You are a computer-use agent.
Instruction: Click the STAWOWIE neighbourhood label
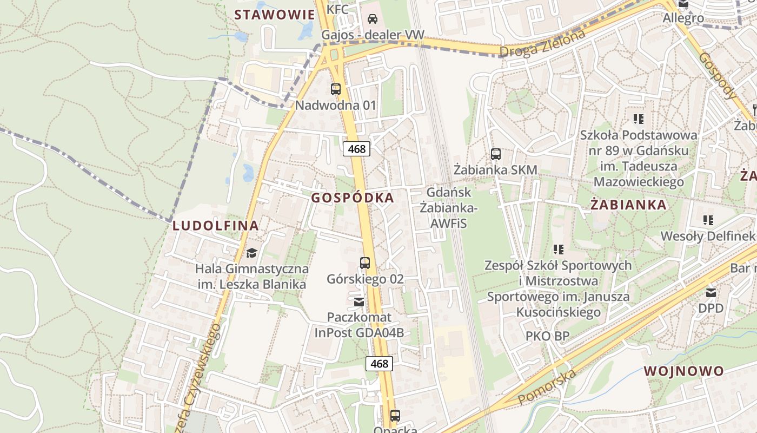[x=274, y=15]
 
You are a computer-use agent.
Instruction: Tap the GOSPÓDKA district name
[x=353, y=198]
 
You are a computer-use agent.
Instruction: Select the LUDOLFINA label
[x=216, y=226]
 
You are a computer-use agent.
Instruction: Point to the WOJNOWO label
[x=684, y=371]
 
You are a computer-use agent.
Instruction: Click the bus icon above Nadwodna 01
[x=336, y=89]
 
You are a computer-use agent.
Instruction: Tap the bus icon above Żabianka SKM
[x=496, y=154]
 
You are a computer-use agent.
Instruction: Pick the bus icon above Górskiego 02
[x=365, y=264]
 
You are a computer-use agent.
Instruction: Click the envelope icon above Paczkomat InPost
[x=359, y=301]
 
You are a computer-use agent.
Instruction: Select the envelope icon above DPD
[x=710, y=293]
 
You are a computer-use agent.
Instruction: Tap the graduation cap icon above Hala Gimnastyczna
[x=251, y=253]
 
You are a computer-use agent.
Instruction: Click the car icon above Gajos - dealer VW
[x=373, y=19]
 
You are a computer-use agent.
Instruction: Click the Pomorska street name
[x=547, y=388]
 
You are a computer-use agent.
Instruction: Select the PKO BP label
[x=547, y=336]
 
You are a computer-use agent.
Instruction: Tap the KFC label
[x=338, y=9]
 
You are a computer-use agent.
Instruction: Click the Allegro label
[x=683, y=18]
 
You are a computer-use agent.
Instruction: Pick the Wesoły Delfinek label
[x=707, y=236]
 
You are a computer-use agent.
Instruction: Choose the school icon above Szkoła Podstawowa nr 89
[x=639, y=119]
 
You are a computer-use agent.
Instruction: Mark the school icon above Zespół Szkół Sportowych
[x=559, y=250]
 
